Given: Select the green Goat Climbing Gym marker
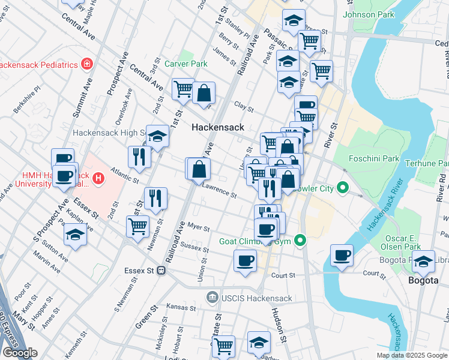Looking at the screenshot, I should tap(301, 242).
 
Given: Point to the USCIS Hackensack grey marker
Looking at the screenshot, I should tap(211, 298).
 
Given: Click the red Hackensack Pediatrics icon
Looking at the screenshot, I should tap(88, 64).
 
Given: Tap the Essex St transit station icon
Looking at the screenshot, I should tap(161, 271).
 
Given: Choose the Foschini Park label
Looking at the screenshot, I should tap(374, 159).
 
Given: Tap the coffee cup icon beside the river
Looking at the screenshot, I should tap(342, 255).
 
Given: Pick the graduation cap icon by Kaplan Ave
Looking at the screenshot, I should tap(75, 233).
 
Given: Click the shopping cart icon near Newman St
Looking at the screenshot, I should tap(138, 226).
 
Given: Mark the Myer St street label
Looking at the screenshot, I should tap(198, 228).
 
